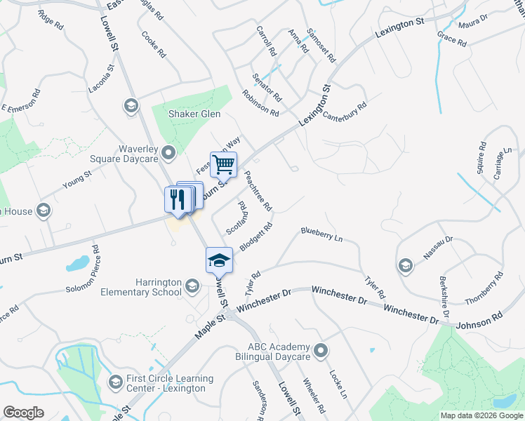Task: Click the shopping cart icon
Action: tap(223, 165)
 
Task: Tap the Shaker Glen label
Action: tap(194, 114)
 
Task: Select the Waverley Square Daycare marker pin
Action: tap(168, 152)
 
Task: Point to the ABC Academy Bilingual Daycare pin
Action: tap(321, 349)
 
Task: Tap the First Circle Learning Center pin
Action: tap(115, 382)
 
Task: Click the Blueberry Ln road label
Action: tap(321, 234)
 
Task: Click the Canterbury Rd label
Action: tap(345, 112)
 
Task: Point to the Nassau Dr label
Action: tap(438, 249)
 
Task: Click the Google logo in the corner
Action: tap(23, 413)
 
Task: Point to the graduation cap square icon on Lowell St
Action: tap(219, 260)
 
